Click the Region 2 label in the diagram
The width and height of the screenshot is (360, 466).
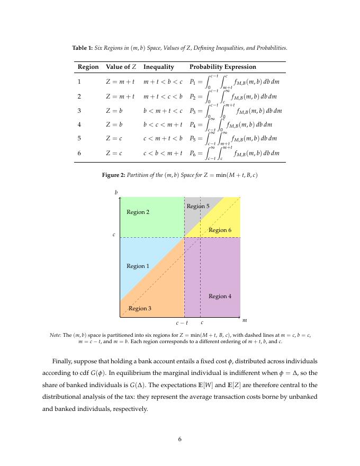(x=138, y=212)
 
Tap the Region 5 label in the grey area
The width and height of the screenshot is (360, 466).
(x=198, y=206)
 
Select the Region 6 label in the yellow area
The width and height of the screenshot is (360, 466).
(x=220, y=230)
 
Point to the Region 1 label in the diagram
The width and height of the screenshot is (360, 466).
(x=138, y=266)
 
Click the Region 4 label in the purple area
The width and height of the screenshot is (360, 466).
(x=220, y=297)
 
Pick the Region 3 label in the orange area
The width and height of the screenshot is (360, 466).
(x=140, y=309)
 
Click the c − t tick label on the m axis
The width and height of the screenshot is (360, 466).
(x=182, y=322)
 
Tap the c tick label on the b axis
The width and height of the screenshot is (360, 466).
(x=114, y=234)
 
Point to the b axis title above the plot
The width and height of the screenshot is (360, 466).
(x=116, y=192)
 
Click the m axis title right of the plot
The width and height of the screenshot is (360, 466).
(x=245, y=320)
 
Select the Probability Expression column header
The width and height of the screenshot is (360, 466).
(x=222, y=67)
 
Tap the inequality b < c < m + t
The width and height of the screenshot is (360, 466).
(x=162, y=125)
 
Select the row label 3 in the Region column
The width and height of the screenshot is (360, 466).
(x=79, y=111)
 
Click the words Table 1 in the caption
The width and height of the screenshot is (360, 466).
(x=82, y=48)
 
